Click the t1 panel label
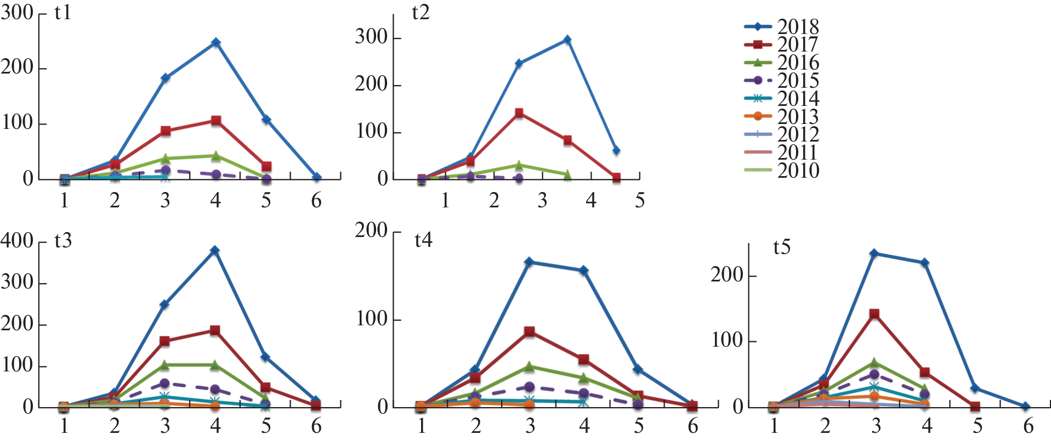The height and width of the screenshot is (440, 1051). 63,12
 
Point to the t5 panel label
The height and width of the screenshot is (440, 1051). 782,247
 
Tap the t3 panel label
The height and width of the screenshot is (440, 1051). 63,240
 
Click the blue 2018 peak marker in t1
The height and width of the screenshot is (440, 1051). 216,42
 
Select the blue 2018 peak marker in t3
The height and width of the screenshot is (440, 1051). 215,251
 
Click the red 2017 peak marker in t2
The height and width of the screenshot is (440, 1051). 519,114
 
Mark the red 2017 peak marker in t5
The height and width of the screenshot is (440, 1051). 874,314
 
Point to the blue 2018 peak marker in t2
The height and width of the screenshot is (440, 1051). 567,40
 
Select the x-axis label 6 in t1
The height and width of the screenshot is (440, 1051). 316,201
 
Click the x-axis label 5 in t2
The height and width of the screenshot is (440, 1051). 639,201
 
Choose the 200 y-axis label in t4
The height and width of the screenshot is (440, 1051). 371,230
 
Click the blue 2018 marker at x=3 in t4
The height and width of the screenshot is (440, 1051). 529,262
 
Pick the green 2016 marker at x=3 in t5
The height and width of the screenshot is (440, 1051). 874,363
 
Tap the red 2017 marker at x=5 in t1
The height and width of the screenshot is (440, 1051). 266,166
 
